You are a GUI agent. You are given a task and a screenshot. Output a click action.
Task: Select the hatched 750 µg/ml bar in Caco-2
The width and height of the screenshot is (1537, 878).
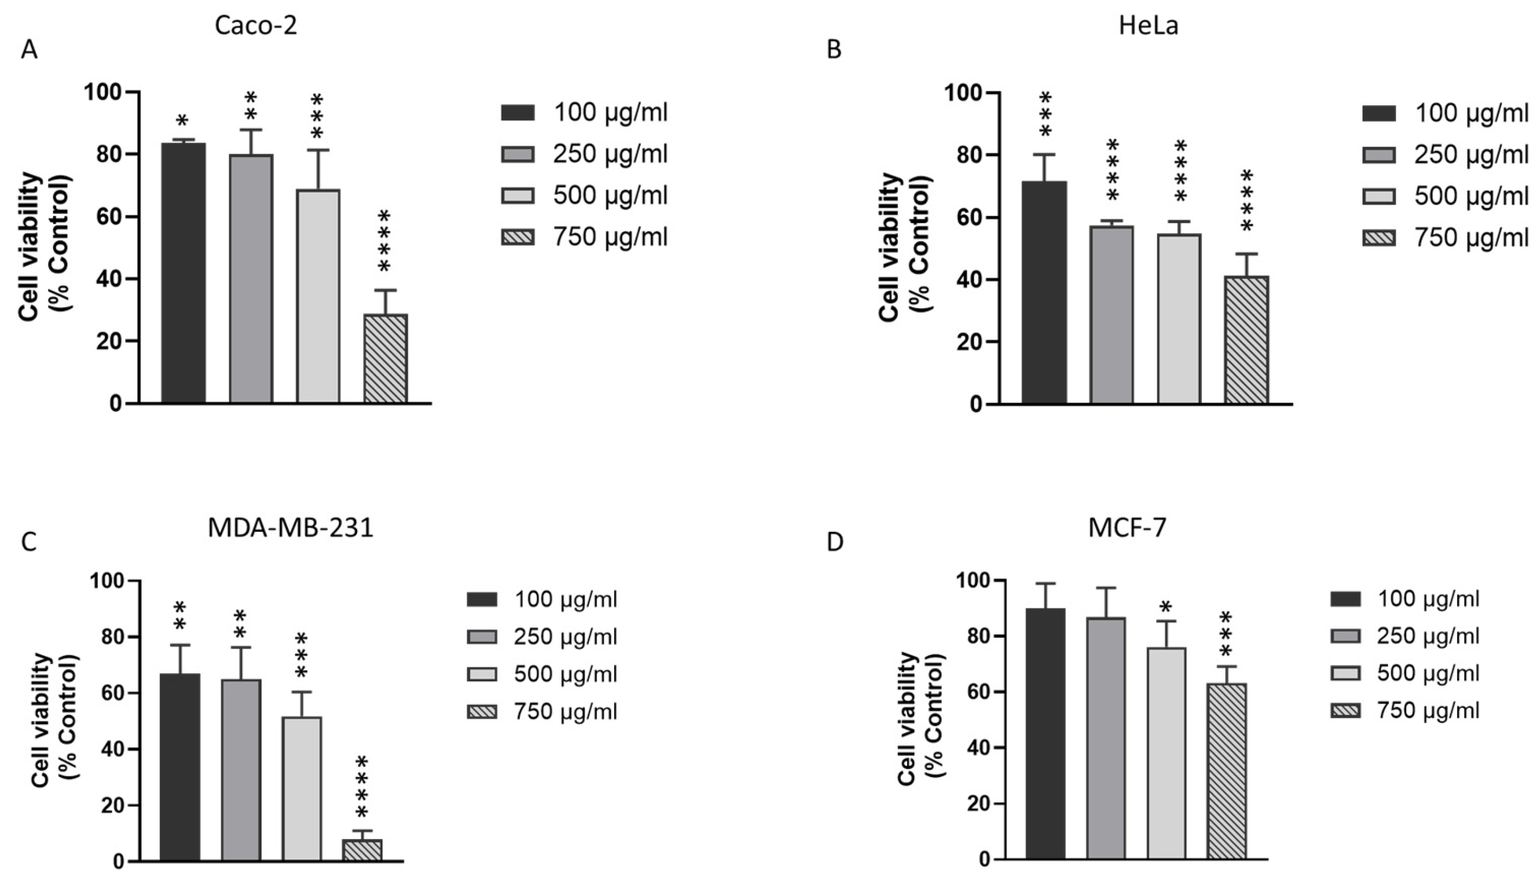(x=385, y=358)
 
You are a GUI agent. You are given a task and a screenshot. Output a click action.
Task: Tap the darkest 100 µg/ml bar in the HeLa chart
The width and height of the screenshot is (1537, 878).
(x=1044, y=292)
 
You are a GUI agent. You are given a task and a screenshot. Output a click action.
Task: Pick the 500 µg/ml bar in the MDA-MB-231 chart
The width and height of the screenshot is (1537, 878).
(x=301, y=788)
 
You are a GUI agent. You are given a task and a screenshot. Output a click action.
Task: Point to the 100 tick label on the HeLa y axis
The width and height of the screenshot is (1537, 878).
(x=963, y=93)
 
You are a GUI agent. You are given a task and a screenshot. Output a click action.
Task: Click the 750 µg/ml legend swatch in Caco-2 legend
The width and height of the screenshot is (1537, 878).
(x=518, y=237)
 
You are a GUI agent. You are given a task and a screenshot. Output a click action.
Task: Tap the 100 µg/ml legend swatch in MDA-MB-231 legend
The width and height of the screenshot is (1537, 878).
(x=481, y=599)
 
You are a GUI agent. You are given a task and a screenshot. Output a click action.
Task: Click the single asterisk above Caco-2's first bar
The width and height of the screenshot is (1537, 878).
(x=182, y=120)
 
